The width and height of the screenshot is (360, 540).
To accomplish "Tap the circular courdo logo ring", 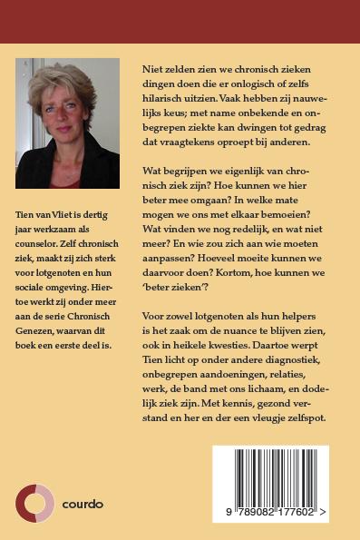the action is point(35,503).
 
